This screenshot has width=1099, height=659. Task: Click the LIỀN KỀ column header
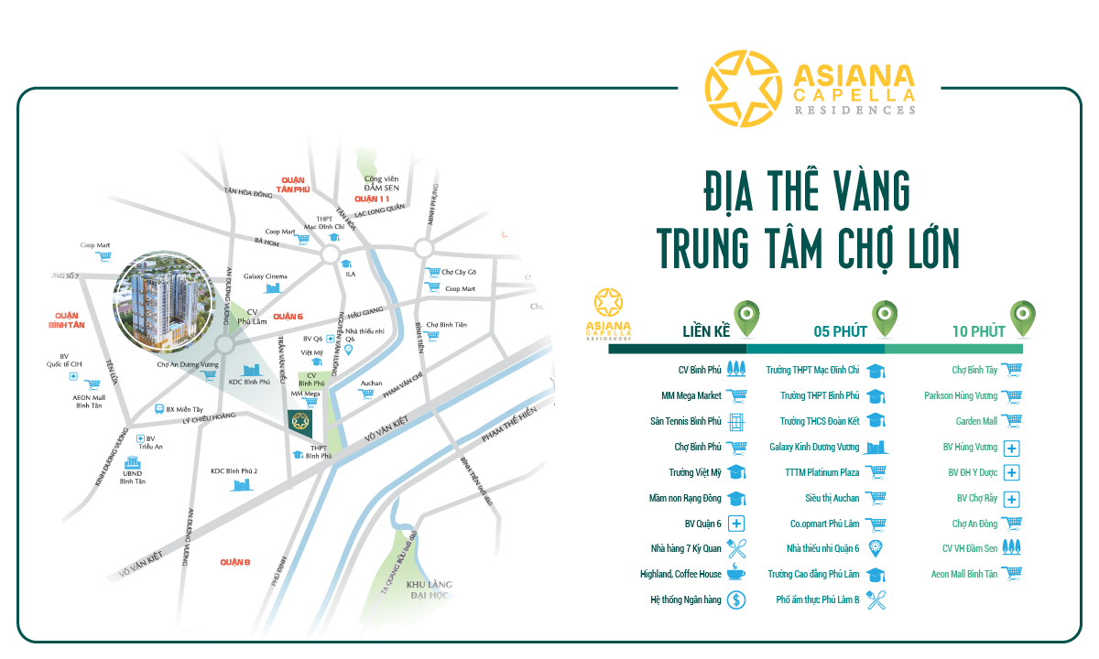tap(706, 331)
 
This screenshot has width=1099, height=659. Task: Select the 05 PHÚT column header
tap(840, 331)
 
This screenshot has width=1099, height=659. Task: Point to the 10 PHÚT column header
tap(977, 331)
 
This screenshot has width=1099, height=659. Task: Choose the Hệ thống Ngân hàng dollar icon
tap(737, 600)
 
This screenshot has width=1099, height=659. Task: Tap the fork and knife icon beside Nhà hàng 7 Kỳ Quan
tap(737, 549)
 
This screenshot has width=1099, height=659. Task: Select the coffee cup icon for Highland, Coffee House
tap(736, 575)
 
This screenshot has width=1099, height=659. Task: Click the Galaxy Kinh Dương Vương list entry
tap(814, 448)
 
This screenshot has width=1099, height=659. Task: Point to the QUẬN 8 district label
tap(234, 561)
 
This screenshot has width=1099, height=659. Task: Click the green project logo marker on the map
tap(301, 423)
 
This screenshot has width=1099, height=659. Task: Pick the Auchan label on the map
tap(371, 383)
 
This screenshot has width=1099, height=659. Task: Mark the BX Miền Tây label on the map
tap(184, 409)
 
